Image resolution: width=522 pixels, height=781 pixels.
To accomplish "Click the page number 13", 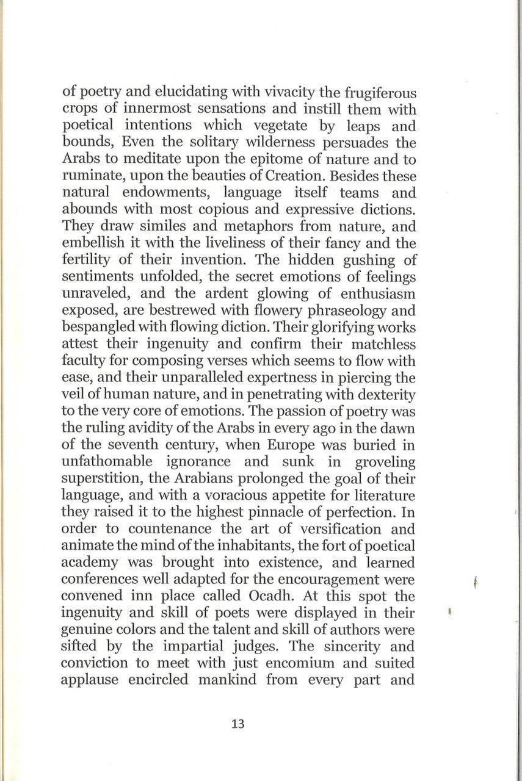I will click(x=238, y=724).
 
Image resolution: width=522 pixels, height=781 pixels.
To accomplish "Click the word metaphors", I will click(x=257, y=226).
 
